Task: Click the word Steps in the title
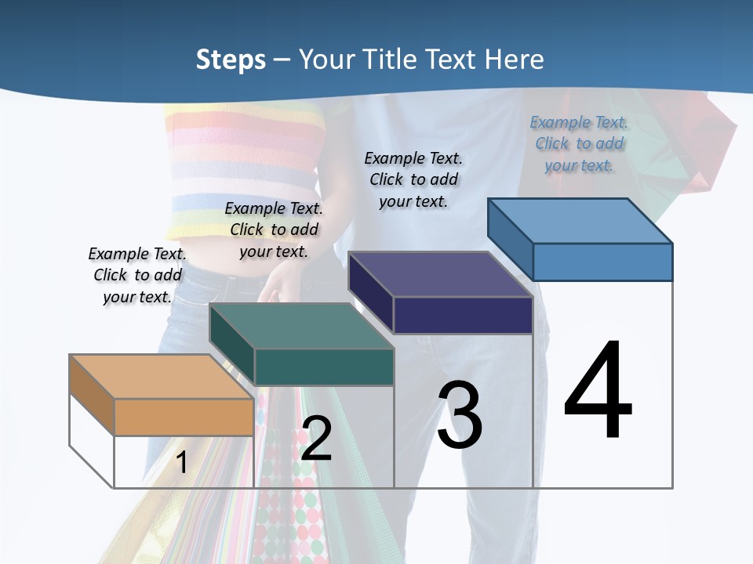[230, 60]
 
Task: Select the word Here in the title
[515, 60]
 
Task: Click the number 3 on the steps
[460, 415]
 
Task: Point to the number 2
[316, 439]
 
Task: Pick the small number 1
[181, 462]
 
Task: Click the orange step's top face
[161, 376]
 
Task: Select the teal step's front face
[323, 367]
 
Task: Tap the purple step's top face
[441, 274]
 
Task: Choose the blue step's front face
[602, 262]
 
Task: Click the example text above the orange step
[137, 276]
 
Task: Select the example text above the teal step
[274, 230]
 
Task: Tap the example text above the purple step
[413, 179]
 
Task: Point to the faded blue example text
[579, 143]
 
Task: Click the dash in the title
[282, 60]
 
